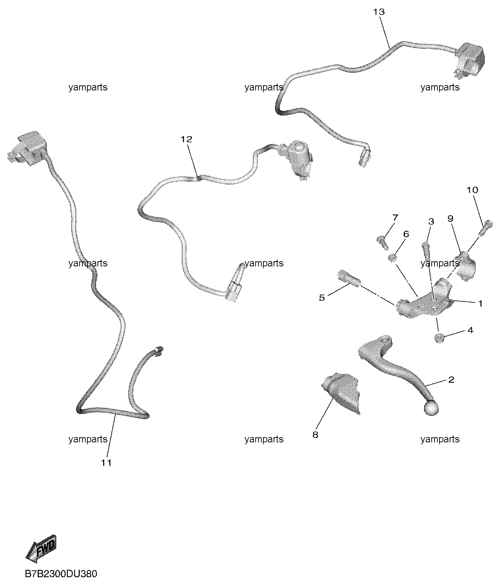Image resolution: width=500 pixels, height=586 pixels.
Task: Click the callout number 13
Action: pos(379,12)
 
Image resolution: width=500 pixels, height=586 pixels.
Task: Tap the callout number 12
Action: pos(186,139)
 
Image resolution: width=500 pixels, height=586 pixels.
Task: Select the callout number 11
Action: pos(106,463)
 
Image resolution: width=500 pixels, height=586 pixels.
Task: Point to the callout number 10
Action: pos(473,190)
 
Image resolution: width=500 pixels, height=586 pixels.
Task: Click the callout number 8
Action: pos(315,435)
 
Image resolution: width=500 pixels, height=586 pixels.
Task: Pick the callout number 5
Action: pos(322,298)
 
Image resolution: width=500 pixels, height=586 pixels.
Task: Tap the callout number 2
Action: pos(451,380)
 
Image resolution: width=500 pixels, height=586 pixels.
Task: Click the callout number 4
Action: pos(470,330)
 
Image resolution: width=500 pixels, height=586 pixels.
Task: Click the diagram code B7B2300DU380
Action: pos(61,574)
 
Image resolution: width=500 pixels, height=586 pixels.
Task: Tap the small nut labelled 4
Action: pos(439,338)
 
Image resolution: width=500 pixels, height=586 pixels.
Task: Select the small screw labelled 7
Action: pos(382,242)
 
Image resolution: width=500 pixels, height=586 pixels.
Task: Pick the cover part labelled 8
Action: pos(341,392)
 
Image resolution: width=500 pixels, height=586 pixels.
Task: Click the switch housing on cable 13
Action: pos(469,59)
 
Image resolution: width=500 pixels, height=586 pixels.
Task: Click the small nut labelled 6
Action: pos(393,259)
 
